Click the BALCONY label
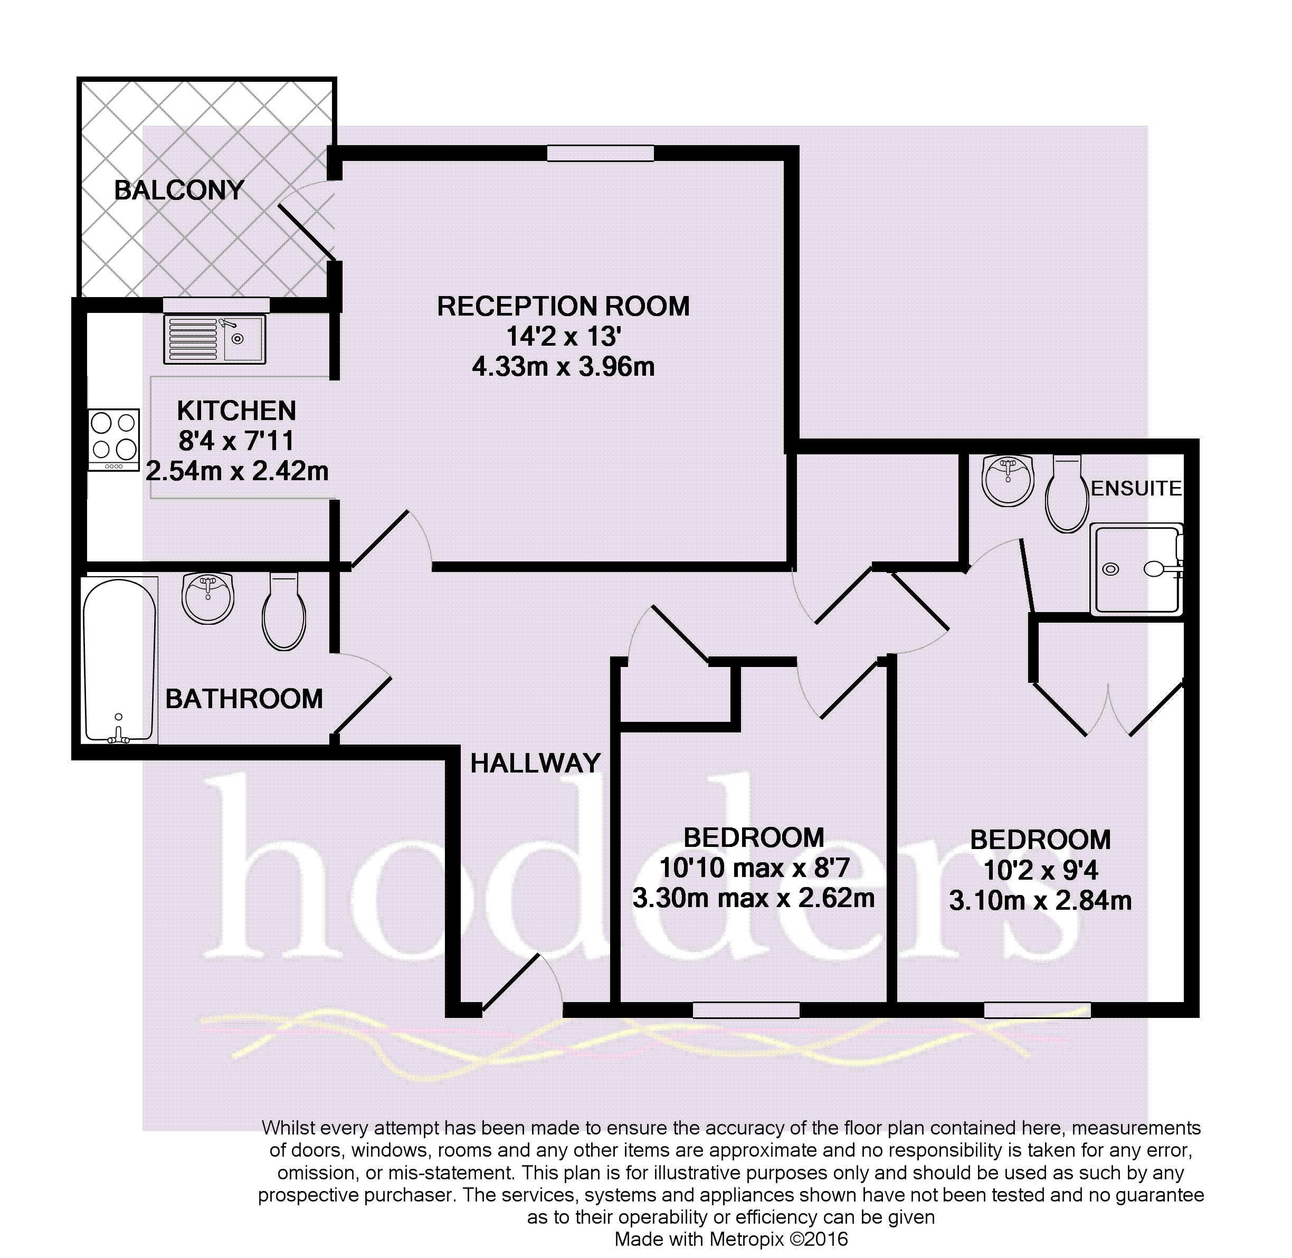pos(179,190)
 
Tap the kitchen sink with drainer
pos(215,339)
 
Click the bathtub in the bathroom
pos(120,660)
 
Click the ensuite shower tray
pos(1136,569)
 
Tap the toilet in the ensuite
pos(1067,493)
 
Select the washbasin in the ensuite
pos(1008,480)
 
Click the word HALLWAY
pos(535,763)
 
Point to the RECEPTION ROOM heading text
pos(563,307)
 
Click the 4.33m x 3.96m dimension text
pos(563,367)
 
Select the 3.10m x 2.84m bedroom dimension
pos(1040,901)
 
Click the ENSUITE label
pos(1136,488)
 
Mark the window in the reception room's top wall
pos(600,153)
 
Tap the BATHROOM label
pos(244,699)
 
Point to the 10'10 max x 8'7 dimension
pos(754,868)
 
